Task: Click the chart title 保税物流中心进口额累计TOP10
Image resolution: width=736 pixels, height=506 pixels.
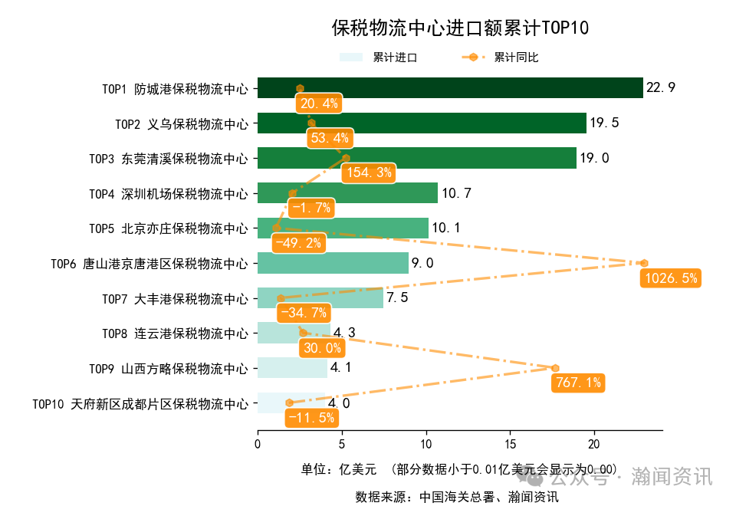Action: [x=460, y=29]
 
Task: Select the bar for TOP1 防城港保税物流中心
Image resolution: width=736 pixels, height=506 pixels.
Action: [x=449, y=88]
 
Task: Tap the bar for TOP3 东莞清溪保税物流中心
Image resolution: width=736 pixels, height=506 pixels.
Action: [x=416, y=158]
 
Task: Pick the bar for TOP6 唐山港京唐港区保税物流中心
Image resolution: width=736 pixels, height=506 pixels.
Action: [x=333, y=263]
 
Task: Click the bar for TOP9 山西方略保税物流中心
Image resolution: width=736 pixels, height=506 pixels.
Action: [x=291, y=368]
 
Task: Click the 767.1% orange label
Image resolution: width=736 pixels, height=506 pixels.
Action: [x=577, y=383]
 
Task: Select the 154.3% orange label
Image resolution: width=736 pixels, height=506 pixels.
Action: [x=370, y=172]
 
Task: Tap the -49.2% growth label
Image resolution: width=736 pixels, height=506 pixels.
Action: [x=298, y=242]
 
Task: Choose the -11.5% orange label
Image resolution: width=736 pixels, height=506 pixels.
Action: [x=311, y=417]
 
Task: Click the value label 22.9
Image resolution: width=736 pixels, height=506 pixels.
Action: [x=661, y=88]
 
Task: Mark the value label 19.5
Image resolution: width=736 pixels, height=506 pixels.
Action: [x=604, y=123]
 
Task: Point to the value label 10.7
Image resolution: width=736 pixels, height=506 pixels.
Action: [x=455, y=193]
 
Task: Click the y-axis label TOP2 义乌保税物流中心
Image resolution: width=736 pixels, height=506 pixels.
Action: [x=182, y=123]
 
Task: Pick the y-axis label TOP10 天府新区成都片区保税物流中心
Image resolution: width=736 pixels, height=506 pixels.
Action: [x=140, y=403]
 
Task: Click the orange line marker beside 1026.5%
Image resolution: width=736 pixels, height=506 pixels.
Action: [x=644, y=263]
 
